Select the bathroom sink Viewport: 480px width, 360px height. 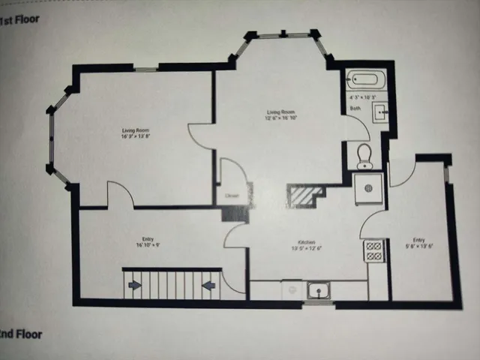380,112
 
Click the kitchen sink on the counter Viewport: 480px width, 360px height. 318,289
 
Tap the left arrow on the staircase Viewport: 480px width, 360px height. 135,285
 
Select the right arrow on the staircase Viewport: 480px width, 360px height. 208,285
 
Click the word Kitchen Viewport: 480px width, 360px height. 306,242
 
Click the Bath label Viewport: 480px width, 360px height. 355,109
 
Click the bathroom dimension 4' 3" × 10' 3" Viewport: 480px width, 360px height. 362,98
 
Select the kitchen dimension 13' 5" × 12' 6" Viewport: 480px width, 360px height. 306,249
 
